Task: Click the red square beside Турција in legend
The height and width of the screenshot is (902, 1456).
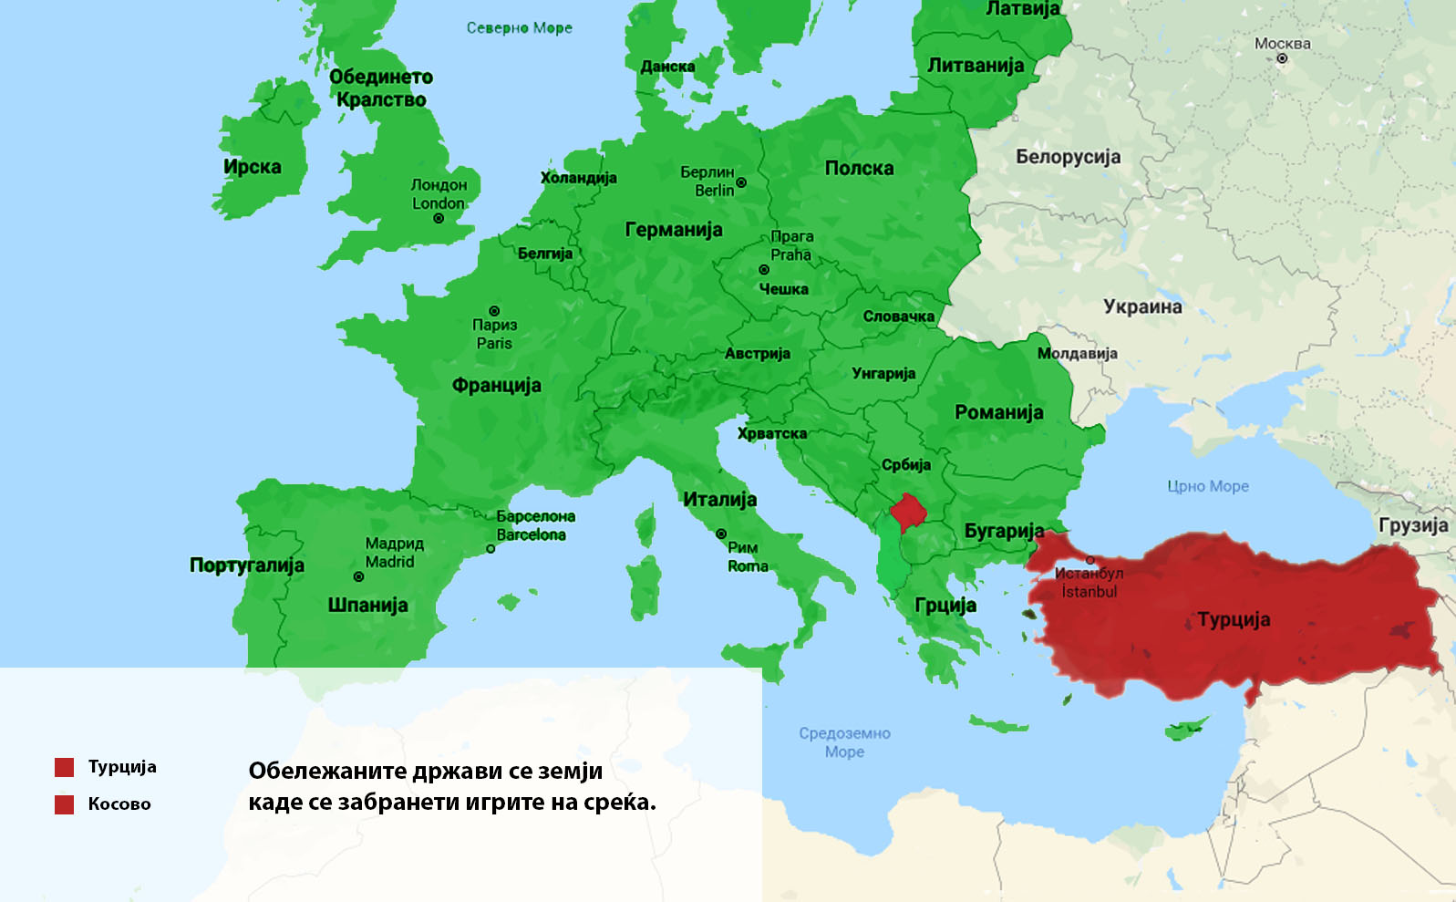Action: point(64,767)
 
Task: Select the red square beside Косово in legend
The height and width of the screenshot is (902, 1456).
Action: point(64,804)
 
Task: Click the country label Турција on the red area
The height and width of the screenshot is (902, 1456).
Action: point(1234,619)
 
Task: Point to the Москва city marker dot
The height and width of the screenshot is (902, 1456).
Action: point(1282,58)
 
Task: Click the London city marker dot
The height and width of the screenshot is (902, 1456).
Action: point(439,219)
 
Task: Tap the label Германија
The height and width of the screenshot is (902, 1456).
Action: point(673,230)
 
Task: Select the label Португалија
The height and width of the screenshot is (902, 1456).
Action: point(246,565)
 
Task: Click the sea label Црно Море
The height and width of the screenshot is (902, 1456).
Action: point(1208,486)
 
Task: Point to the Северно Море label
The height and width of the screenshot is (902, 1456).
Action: point(519,28)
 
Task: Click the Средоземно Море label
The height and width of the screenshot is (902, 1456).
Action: point(844,741)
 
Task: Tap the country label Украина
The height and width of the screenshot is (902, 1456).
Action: point(1142,307)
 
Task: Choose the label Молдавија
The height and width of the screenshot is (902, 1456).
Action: point(1077,353)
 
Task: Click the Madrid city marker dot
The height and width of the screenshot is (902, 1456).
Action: point(358,576)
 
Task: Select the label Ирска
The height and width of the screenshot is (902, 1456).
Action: point(253,167)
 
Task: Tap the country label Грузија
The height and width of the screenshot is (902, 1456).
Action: point(1413,525)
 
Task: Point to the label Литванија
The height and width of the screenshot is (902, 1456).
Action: point(976,66)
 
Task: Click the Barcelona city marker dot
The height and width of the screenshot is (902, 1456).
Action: point(490,549)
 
